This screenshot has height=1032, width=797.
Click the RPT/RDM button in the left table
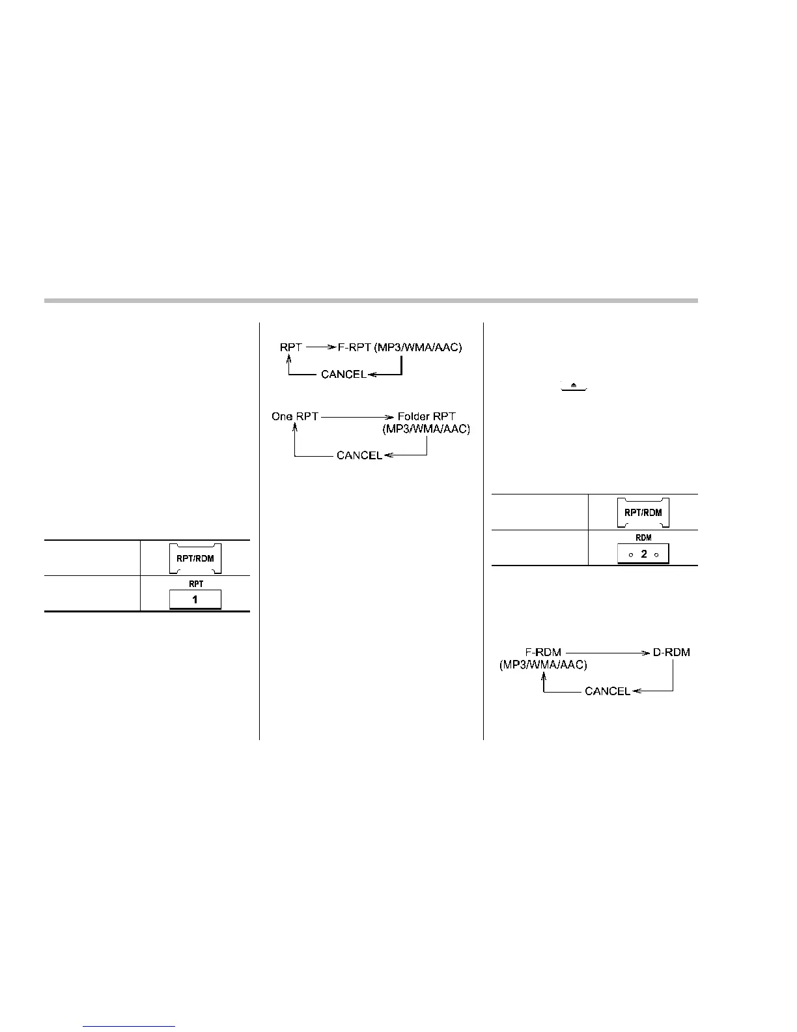coord(195,558)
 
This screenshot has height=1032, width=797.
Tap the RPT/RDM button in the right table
coord(643,512)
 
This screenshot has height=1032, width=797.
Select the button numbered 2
coord(643,554)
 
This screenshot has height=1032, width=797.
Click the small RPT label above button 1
coord(195,584)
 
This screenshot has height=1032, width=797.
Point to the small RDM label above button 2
coord(643,538)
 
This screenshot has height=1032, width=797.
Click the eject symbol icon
coord(574,386)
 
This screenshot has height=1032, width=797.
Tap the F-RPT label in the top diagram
coord(356,347)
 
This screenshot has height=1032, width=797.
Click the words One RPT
coord(295,416)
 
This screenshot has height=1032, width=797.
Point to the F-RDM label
coord(543,652)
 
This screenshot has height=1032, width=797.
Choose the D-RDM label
coord(671,652)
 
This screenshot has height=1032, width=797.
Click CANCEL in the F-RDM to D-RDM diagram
coord(608,691)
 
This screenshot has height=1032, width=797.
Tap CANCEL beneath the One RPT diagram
coord(359,455)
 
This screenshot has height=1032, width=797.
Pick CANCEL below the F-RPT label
coord(343,375)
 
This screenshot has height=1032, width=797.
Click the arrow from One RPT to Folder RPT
coord(357,416)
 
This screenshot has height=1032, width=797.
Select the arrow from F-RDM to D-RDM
coord(608,652)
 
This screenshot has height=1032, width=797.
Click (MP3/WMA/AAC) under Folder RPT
coord(426,429)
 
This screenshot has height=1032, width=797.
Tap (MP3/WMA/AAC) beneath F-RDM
coord(543,665)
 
